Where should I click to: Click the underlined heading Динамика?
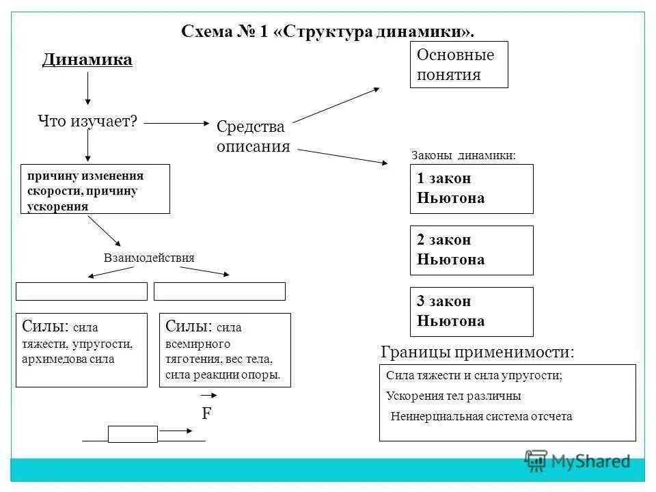point(87,60)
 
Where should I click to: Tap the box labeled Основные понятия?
point(459,65)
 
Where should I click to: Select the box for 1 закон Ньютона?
point(471,189)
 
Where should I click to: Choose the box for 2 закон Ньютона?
point(471,250)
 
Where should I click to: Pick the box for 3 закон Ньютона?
point(471,312)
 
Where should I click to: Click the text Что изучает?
point(88,122)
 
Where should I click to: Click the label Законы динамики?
point(463,156)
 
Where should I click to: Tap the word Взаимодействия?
point(149,258)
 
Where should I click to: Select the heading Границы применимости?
point(477,353)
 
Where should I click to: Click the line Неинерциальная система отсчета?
point(481,416)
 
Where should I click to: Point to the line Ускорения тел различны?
point(453,396)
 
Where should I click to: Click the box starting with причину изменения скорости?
point(95,189)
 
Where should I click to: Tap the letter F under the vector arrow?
point(206,414)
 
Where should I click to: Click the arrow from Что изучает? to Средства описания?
point(178,124)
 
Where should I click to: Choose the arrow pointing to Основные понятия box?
point(338,105)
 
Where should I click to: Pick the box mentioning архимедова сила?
point(81,350)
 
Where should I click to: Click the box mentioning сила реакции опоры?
point(225,350)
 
